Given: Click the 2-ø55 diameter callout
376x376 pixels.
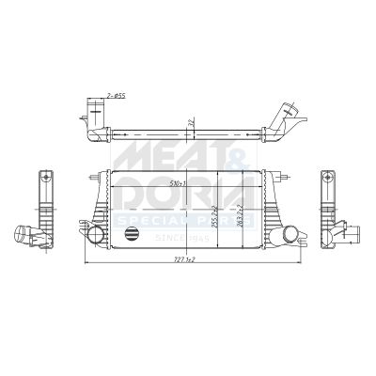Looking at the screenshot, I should pos(116,95).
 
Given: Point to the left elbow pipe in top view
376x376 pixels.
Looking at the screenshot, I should pos(95,127).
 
